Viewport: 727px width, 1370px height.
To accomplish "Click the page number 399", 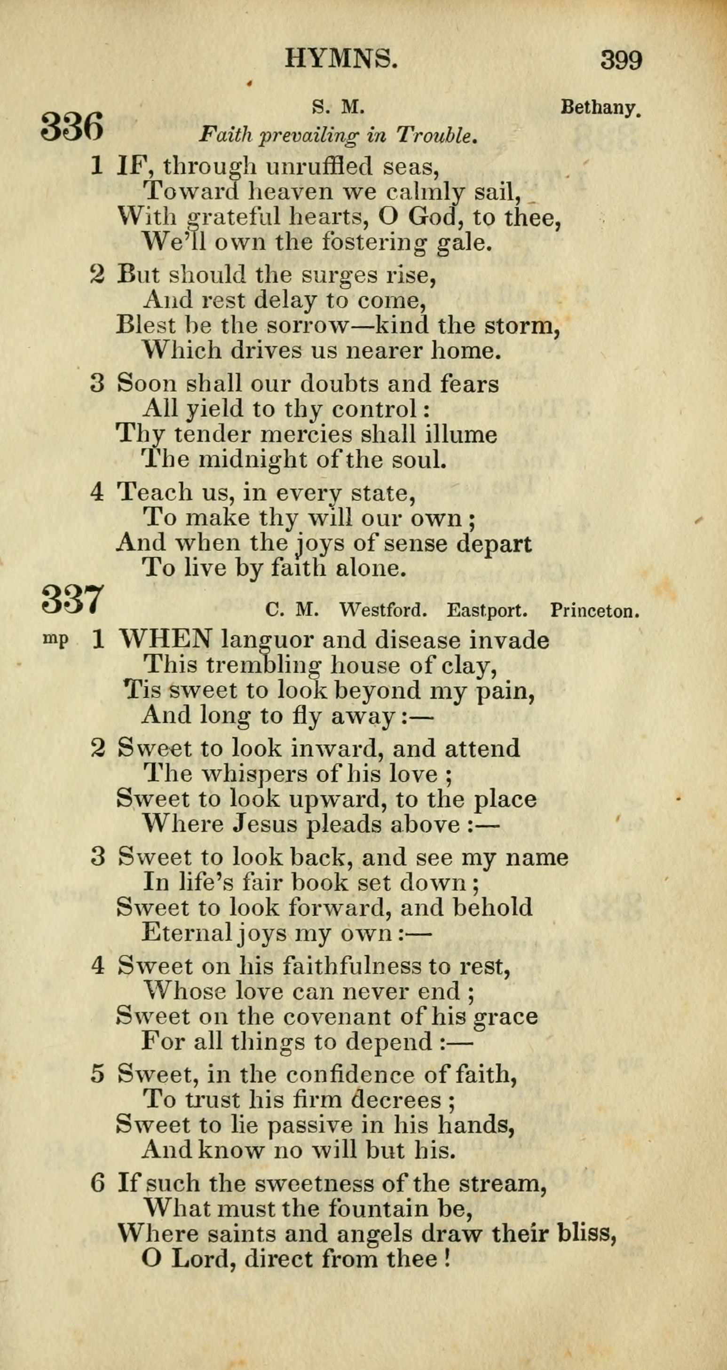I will (x=621, y=60).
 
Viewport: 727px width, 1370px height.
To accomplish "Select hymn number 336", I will (x=72, y=126).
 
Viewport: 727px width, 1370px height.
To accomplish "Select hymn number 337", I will (x=72, y=599).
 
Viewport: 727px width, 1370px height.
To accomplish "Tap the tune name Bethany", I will (x=601, y=109).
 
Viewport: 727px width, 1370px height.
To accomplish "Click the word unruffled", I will (x=317, y=167).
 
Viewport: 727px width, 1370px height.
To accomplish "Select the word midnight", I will (x=253, y=459).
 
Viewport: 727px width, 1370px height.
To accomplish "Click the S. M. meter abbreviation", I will (x=338, y=109).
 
